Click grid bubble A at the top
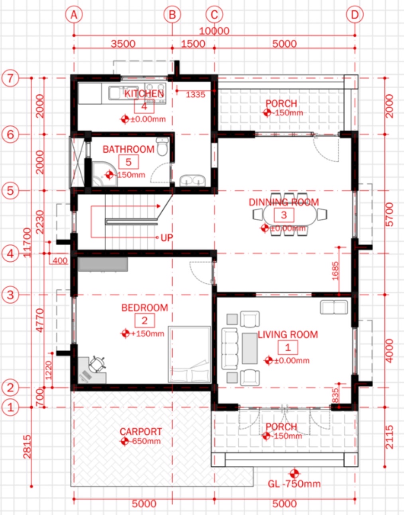coord(74,15)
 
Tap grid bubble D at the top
coord(355,15)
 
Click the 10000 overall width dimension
coord(214,31)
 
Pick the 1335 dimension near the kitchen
coord(195,95)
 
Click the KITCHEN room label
coord(144,94)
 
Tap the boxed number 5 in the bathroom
coord(128,162)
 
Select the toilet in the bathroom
coord(162,147)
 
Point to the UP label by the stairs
coord(167,238)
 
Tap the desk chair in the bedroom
coord(97,364)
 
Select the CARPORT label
coord(141,432)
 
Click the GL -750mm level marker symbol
coord(294,474)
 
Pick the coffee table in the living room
coord(250,348)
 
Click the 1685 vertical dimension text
coord(335,270)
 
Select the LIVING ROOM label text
coord(288,335)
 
